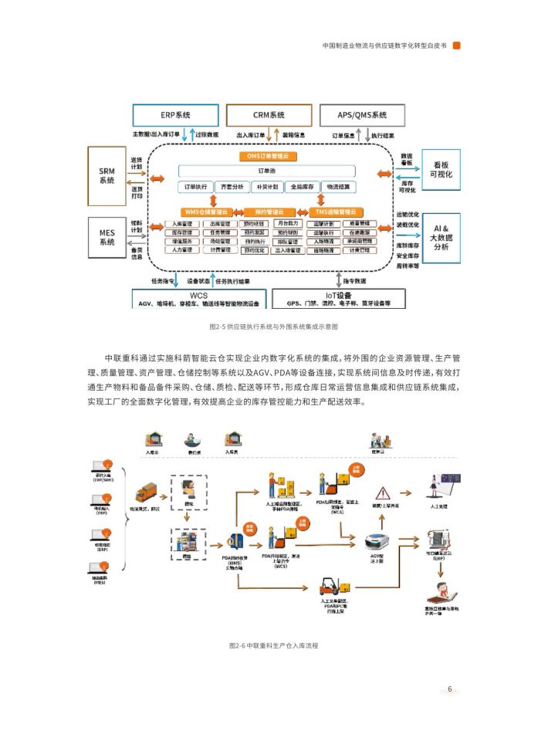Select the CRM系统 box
(x=269, y=115)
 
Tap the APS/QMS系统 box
(x=362, y=115)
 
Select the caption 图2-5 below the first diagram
(x=273, y=327)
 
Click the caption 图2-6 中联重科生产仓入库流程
(x=273, y=645)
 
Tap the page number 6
(x=449, y=689)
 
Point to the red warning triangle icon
(x=381, y=493)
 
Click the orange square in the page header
(x=457, y=45)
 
